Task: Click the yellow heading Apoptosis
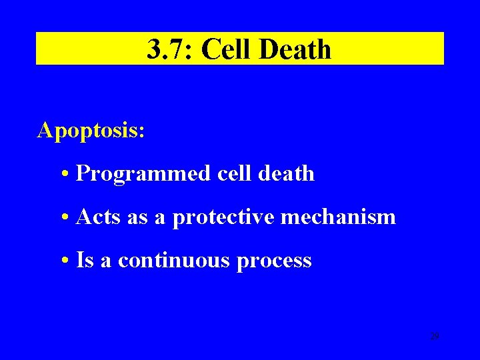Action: pos(91,131)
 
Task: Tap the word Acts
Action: pos(98,217)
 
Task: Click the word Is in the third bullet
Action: pos(85,260)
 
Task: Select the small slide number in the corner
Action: pos(434,337)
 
